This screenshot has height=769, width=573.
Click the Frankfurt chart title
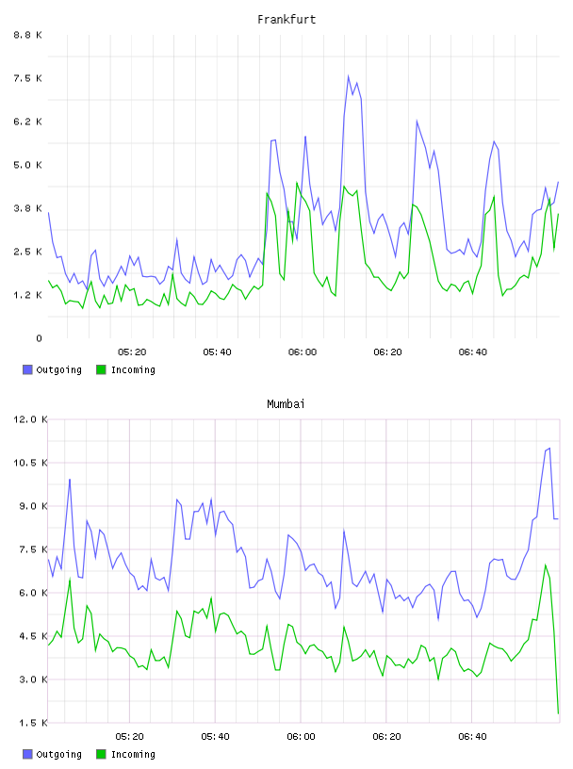(286, 20)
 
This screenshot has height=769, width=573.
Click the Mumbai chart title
(286, 404)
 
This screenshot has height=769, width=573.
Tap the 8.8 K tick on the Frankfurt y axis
(28, 35)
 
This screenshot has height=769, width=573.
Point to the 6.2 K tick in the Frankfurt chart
(28, 122)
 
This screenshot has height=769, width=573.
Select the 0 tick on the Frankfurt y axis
(40, 338)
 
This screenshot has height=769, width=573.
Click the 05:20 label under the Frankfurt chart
(132, 352)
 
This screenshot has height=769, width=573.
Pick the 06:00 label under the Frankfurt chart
(303, 352)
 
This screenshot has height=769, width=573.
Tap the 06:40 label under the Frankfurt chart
(473, 352)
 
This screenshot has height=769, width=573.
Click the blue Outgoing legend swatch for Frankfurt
(27, 369)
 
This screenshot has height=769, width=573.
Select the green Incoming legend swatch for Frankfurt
(101, 369)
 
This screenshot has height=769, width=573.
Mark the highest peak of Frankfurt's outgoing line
(349, 76)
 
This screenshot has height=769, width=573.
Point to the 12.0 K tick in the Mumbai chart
(30, 419)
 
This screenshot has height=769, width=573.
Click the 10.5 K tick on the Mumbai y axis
(30, 463)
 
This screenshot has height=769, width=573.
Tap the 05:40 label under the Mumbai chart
(216, 737)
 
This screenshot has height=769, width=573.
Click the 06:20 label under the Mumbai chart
(386, 737)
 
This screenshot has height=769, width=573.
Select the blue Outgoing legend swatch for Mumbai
(27, 754)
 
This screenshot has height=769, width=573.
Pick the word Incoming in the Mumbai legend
(133, 754)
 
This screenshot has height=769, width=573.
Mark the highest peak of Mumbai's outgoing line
(549, 448)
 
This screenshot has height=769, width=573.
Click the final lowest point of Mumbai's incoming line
(558, 713)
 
